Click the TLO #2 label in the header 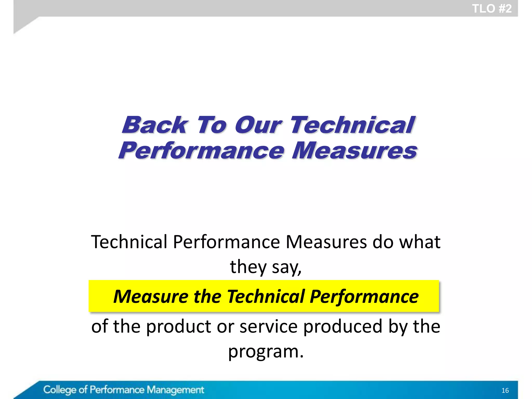click(491, 9)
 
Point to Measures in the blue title click(354, 151)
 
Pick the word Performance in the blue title click(202, 151)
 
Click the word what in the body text click(420, 242)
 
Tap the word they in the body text click(248, 267)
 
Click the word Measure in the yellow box click(151, 296)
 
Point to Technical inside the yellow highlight click(266, 296)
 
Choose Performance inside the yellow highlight click(364, 296)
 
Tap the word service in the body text click(268, 326)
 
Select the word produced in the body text click(343, 326)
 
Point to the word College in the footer click(60, 390)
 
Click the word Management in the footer click(175, 390)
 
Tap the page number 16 click(505, 390)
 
